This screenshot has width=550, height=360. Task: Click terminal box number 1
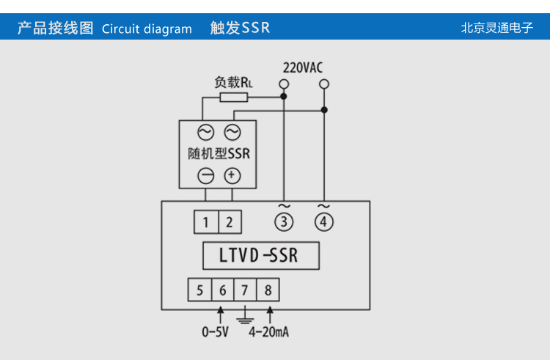click(206, 222)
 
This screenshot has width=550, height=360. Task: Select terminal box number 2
click(229, 222)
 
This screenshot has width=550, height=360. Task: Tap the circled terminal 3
click(283, 221)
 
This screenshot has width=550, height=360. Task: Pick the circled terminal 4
click(323, 221)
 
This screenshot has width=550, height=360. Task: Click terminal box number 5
click(199, 290)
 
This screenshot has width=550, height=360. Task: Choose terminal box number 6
click(222, 290)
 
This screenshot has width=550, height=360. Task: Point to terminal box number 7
click(245, 290)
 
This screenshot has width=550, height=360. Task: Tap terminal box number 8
click(268, 290)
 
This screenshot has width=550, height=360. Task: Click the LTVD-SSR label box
click(260, 256)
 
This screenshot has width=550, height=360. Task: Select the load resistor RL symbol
click(234, 96)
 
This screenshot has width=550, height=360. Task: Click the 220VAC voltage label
click(303, 67)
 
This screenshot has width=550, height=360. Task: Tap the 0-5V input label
click(216, 332)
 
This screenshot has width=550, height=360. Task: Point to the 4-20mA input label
click(268, 332)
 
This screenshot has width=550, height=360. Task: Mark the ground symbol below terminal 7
click(245, 319)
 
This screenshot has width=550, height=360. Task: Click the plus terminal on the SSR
click(232, 175)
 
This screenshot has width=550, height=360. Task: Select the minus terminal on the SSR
click(206, 176)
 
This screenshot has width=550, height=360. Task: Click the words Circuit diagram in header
click(147, 29)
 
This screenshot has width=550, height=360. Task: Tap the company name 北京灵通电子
click(496, 28)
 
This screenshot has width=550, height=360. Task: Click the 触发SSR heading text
click(240, 28)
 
